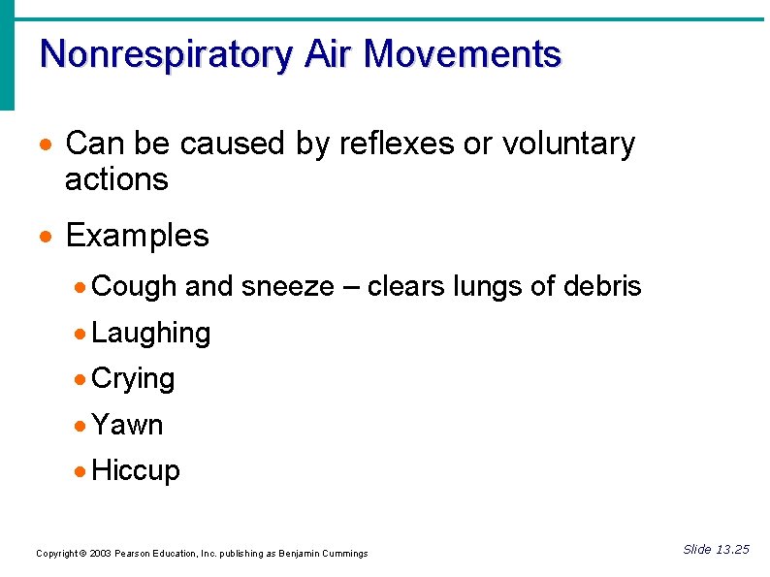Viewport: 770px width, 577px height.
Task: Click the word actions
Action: click(x=116, y=179)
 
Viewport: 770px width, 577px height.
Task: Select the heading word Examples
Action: click(x=137, y=236)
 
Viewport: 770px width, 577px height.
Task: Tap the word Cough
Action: click(x=134, y=287)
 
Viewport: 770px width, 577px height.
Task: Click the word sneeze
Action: click(x=287, y=287)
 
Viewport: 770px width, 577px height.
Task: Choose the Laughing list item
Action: click(x=150, y=334)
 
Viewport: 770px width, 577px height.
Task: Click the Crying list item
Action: click(x=133, y=379)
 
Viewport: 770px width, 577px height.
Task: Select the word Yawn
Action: click(x=127, y=425)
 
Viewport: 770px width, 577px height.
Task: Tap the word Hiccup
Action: click(x=136, y=471)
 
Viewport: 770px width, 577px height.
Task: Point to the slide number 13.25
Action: click(x=732, y=550)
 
